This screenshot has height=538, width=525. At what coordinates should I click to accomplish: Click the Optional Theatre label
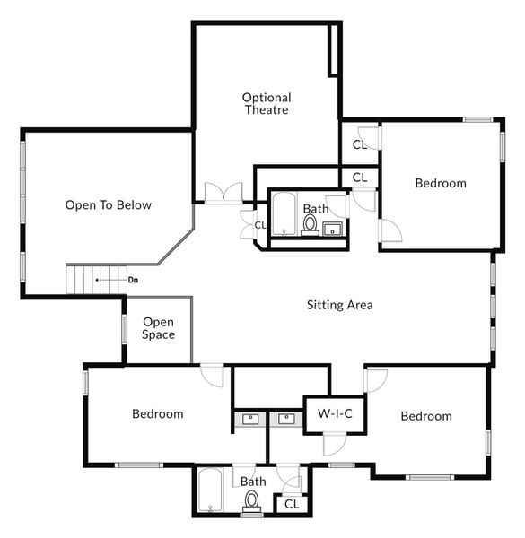pos(266,103)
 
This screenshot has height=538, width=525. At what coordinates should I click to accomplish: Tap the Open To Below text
pos(109,205)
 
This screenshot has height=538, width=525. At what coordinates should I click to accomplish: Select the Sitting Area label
pos(339,305)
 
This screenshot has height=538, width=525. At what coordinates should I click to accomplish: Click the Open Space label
pos(158,328)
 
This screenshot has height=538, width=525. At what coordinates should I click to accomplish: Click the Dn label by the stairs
pos(133,280)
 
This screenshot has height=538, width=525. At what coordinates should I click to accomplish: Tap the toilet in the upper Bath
pos(310,223)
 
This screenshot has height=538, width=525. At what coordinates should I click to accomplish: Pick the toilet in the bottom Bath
pos(251,501)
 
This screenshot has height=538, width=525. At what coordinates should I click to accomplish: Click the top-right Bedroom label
pos(441,183)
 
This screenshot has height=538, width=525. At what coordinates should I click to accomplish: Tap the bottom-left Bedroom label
pos(158,414)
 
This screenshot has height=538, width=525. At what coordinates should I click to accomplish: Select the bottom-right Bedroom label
pos(426,416)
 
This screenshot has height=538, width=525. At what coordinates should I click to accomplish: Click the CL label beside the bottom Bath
pos(291,505)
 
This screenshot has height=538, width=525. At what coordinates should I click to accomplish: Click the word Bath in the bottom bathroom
pos(253,482)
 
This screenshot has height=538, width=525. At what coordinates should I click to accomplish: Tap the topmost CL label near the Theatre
pos(359,143)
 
